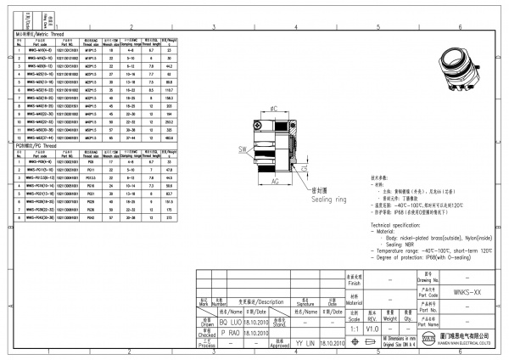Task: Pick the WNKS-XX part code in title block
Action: pyautogui.click(x=461, y=290)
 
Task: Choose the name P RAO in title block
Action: pyautogui.click(x=222, y=334)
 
